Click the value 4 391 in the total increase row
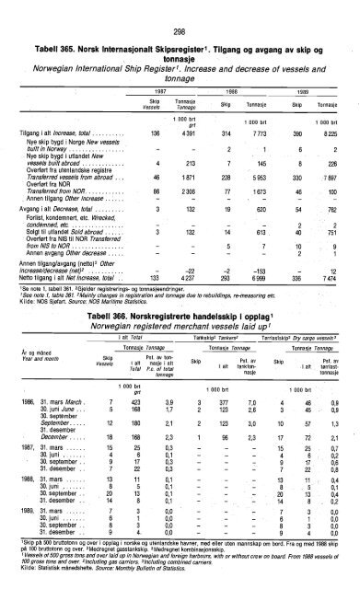[x=180, y=133]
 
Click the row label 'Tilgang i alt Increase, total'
[x=51, y=133]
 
